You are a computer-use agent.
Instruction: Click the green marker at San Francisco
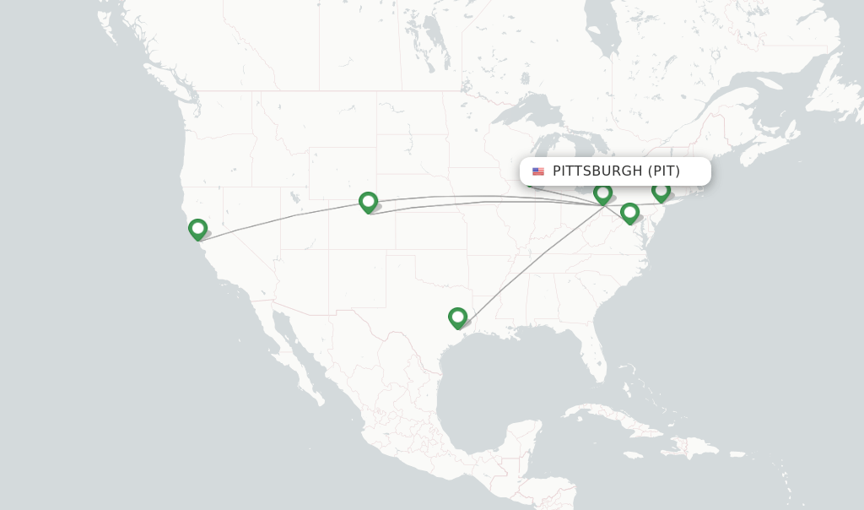coord(197,229)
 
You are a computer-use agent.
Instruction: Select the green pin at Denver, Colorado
coord(368,202)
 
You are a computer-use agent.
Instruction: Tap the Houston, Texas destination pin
coord(457,317)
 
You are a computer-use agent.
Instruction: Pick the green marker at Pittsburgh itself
coord(602,193)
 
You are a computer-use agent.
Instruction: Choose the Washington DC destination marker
coord(629,213)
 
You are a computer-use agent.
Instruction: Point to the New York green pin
coord(661,191)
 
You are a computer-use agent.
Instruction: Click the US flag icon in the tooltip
coord(538,171)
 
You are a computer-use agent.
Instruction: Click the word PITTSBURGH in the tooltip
coord(597,171)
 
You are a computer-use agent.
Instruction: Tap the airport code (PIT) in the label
coord(664,171)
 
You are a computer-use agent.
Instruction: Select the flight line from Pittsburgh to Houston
coord(532,260)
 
